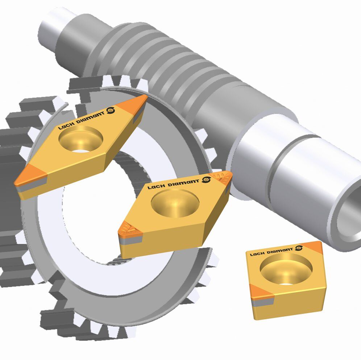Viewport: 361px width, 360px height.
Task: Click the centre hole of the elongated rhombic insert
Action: click(80, 139)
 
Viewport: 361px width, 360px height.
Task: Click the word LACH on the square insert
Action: click(258, 253)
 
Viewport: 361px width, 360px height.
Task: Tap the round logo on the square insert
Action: click(299, 248)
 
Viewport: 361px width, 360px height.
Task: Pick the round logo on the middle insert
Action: click(206, 179)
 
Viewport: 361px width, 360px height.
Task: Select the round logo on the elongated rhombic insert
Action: click(111, 110)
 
